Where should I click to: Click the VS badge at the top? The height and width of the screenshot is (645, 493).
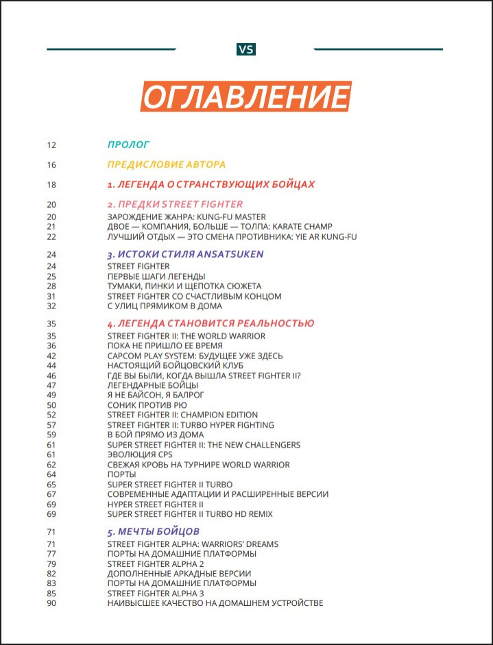coord(246,49)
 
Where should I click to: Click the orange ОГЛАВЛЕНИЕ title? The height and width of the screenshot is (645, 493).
coord(246,97)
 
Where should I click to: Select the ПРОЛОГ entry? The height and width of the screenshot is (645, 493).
coord(128,145)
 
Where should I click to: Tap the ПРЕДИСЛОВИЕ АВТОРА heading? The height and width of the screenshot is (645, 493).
coord(167,165)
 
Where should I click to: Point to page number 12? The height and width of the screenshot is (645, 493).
coord(51,145)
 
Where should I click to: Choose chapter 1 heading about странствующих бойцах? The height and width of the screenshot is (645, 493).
coord(211,184)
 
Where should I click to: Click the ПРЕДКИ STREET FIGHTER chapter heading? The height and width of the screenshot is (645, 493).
coord(175,204)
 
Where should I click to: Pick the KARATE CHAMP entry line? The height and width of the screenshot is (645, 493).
coord(219,227)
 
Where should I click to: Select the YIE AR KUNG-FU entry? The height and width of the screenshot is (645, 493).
coord(232,236)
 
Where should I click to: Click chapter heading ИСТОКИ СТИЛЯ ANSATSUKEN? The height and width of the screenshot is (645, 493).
coord(185,254)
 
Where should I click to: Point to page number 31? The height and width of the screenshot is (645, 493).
coord(51,296)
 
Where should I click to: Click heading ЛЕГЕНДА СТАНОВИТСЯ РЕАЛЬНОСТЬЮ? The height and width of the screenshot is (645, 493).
coord(211,324)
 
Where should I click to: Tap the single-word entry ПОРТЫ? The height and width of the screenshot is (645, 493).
coord(122,474)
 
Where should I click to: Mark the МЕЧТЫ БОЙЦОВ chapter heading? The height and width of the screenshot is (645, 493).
coord(154,531)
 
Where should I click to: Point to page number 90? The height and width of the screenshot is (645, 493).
coord(51,603)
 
